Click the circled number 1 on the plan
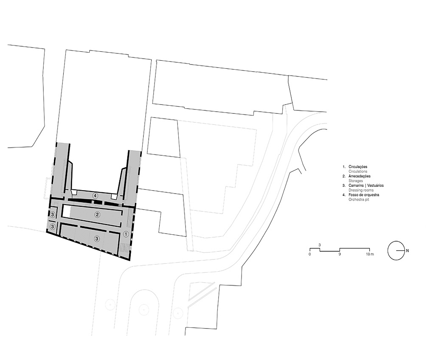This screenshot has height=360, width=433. pyautogui.click(x=126, y=234)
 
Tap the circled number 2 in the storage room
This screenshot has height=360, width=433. pyautogui.click(x=97, y=214)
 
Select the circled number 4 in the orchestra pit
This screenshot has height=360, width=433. pyautogui.click(x=95, y=196)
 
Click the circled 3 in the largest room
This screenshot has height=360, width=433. pyautogui.click(x=97, y=239)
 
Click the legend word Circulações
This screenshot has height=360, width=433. pyautogui.click(x=358, y=167)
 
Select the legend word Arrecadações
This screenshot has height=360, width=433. pyautogui.click(x=360, y=176)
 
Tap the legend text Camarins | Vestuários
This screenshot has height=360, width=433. pyautogui.click(x=366, y=186)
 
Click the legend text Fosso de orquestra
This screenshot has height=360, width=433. pyautogui.click(x=364, y=195)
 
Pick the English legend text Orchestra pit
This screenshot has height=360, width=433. pyautogui.click(x=359, y=200)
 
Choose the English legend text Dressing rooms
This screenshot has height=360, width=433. pyautogui.click(x=361, y=190)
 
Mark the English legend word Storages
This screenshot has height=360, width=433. pyautogui.click(x=356, y=181)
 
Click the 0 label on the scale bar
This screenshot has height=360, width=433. pyautogui.click(x=310, y=254)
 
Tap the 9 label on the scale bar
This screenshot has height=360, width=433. pyautogui.click(x=340, y=254)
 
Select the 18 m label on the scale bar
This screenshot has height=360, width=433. pyautogui.click(x=370, y=254)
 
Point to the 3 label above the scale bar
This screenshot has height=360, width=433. pyautogui.click(x=320, y=245)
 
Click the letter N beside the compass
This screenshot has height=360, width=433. pyautogui.click(x=408, y=251)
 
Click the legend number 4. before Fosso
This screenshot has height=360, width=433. pyautogui.click(x=344, y=195)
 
